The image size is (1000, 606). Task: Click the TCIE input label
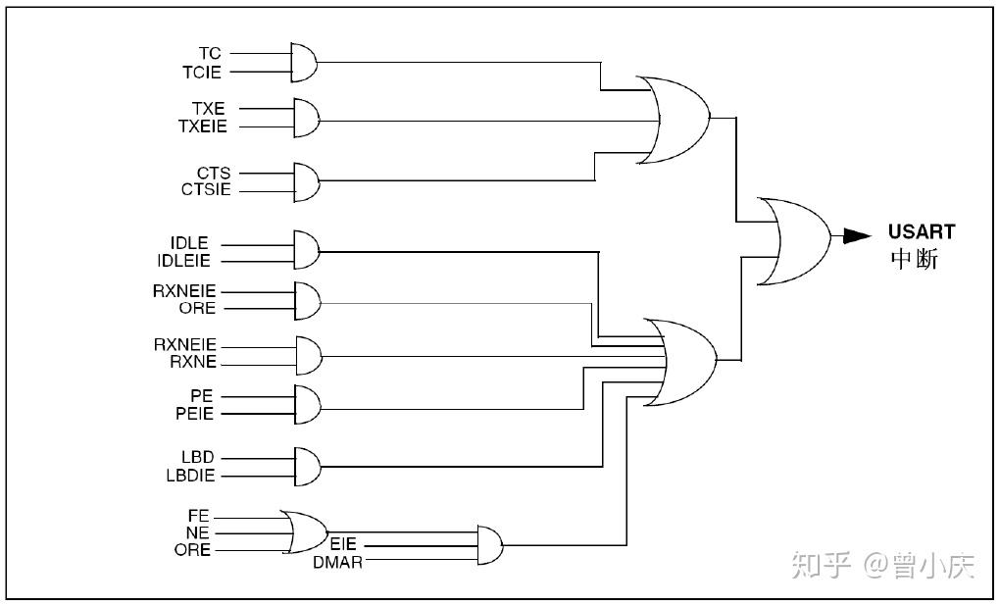202,72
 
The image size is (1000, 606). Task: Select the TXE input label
208,109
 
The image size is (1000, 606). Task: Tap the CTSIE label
206,189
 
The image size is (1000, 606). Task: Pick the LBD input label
197,458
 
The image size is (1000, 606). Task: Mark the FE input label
199,515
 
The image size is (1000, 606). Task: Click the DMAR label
337,562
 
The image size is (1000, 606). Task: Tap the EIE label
342,544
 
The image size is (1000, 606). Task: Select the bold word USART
921,232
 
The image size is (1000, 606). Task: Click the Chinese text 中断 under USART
914,259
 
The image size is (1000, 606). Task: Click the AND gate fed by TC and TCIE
305,62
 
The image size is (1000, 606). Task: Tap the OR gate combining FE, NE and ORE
302,531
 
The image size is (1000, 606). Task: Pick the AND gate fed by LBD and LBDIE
307,467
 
